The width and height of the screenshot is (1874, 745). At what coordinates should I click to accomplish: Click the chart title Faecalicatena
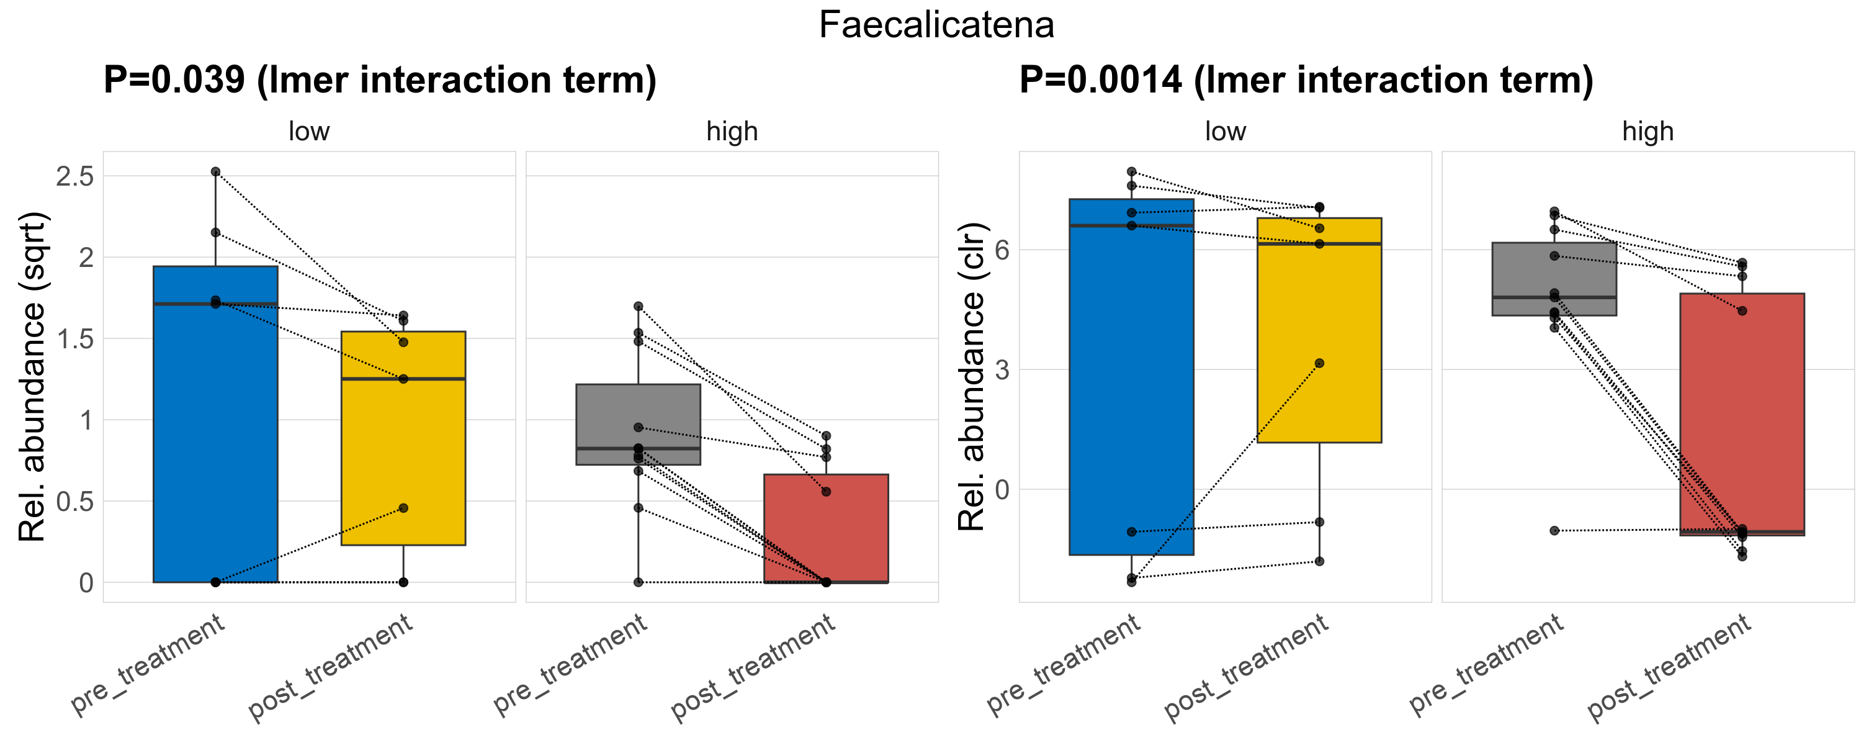(x=936, y=25)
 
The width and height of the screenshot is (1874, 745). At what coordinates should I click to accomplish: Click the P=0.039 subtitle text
(x=380, y=79)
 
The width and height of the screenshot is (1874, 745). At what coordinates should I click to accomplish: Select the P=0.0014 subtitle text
(x=1306, y=79)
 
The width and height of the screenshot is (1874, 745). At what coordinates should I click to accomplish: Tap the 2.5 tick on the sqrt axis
(x=75, y=176)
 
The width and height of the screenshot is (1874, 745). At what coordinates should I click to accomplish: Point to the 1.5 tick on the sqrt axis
(x=75, y=339)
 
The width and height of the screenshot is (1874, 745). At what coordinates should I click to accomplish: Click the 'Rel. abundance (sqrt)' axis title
(x=33, y=377)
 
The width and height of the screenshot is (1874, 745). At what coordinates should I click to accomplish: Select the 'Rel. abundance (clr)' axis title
(x=971, y=377)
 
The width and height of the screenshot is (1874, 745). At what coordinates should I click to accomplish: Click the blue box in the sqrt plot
(x=215, y=436)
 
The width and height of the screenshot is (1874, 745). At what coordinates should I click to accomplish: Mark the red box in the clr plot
(x=1742, y=415)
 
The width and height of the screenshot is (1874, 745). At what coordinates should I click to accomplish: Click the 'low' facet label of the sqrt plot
(x=309, y=132)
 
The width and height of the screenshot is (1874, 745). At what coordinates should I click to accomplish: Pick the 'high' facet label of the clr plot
(x=1648, y=132)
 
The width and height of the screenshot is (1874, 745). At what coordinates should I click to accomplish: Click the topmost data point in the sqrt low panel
(x=215, y=172)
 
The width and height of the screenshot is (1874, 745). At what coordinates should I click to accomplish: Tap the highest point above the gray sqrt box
(x=638, y=306)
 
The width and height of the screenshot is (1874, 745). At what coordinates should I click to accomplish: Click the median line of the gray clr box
(x=1554, y=297)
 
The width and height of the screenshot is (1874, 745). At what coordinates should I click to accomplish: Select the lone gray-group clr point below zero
(x=1554, y=530)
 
